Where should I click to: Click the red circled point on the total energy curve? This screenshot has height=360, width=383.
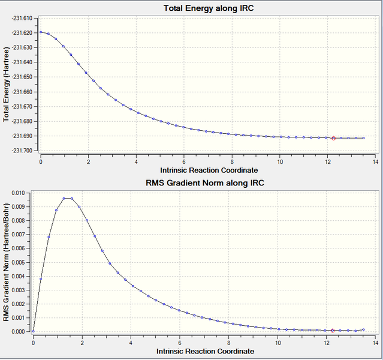(x=333, y=138)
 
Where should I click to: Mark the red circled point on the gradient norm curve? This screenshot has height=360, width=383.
(x=333, y=331)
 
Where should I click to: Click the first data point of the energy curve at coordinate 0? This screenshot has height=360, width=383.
(x=41, y=32)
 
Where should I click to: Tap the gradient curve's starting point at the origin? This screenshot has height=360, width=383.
(x=34, y=331)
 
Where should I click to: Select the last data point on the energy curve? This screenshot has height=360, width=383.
(x=363, y=138)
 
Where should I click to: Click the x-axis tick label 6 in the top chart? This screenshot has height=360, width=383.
(x=184, y=162)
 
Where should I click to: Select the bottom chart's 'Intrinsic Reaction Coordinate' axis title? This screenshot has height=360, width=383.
(x=204, y=351)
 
